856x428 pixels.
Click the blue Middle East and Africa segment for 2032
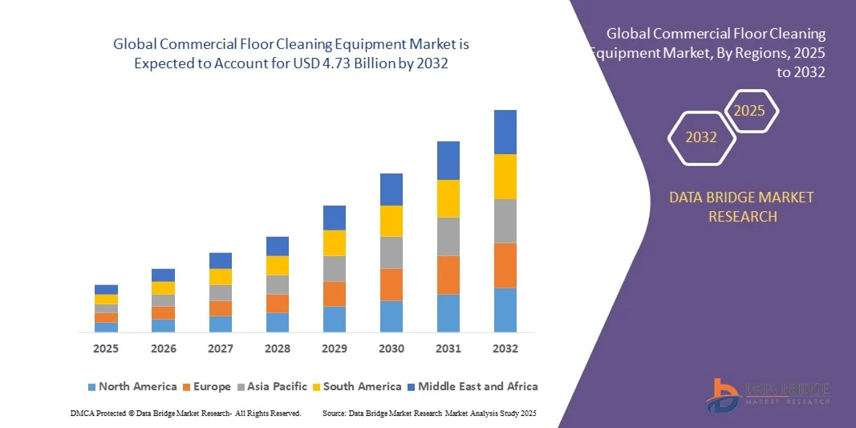505,132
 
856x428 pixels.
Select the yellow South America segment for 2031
448,198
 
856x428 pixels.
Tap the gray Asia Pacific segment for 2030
391,252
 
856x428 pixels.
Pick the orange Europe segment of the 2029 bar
334,294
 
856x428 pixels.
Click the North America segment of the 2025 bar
106,327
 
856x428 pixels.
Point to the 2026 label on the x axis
163,349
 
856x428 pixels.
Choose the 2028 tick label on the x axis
277,349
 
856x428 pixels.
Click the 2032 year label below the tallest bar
505,349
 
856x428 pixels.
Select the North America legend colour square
91,387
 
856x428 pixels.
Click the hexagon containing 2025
750,111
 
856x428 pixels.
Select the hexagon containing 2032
701,137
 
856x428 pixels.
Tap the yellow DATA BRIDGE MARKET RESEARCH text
741,206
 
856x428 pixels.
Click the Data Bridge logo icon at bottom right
722,394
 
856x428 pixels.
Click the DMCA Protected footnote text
185,413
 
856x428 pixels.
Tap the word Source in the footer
335,413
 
